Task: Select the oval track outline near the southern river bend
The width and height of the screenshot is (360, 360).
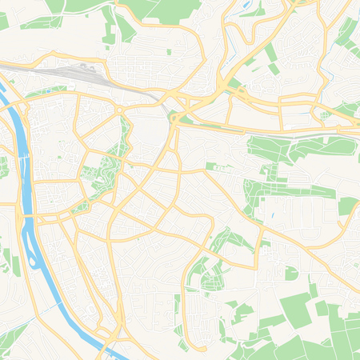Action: [100, 329]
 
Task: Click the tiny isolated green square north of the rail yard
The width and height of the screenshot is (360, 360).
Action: [169, 53]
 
